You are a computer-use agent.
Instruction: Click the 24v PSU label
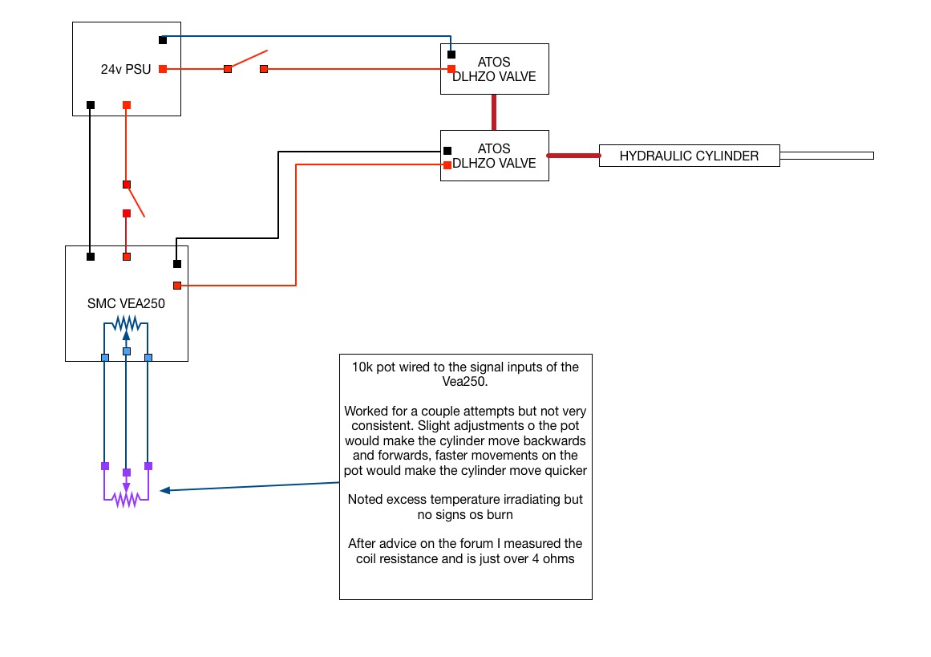[x=122, y=69]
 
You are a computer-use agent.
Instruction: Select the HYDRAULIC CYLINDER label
[x=689, y=156]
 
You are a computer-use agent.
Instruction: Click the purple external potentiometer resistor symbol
[x=126, y=498]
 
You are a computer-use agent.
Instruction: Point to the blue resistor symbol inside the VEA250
[x=126, y=323]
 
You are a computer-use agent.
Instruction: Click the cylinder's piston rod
[x=826, y=156]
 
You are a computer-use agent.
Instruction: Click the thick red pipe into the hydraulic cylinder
[x=573, y=156]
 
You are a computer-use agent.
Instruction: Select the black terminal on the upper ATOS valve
[x=451, y=55]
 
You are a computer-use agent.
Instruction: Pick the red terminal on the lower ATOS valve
[x=447, y=164]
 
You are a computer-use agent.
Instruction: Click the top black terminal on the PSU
[x=163, y=39]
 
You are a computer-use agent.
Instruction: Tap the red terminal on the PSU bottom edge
[x=126, y=105]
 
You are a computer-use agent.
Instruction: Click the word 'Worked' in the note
[x=366, y=412]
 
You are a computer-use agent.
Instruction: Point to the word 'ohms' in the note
[x=557, y=558]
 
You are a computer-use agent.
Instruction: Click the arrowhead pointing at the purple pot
[x=164, y=490]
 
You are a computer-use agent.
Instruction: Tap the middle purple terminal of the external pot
[x=126, y=472]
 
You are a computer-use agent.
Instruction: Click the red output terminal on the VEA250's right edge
[x=176, y=285]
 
